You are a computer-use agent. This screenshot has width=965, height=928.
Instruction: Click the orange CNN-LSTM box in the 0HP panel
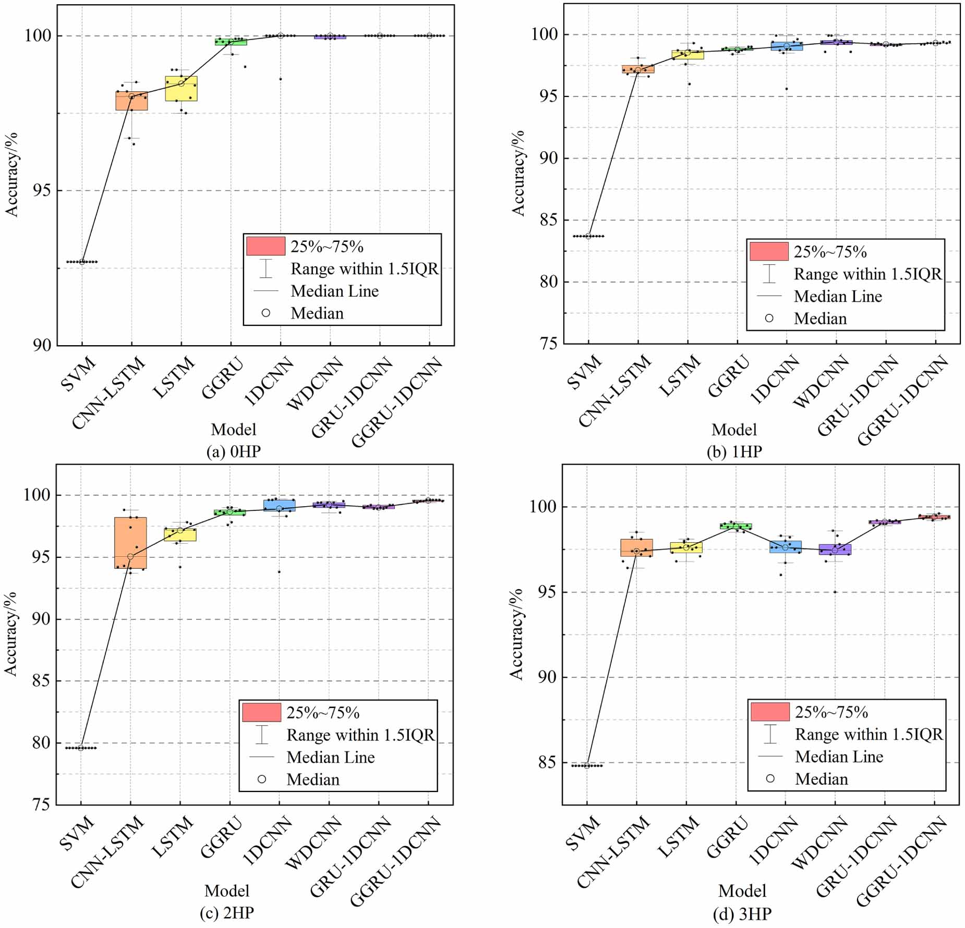point(131,101)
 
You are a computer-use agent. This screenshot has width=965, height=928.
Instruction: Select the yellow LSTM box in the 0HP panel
point(181,89)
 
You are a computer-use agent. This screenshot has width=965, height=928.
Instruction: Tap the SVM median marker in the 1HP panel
point(588,236)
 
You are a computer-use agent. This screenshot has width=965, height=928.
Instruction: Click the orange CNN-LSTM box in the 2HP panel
point(130,543)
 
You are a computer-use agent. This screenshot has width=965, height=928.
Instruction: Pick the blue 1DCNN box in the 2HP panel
point(279,505)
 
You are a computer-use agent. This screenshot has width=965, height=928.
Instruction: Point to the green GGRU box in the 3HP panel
point(735,526)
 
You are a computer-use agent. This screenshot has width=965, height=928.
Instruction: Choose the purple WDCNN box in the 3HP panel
point(835,550)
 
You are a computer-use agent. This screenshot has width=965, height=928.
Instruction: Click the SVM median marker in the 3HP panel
point(587,765)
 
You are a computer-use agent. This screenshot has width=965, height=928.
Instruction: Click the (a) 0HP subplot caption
point(233,451)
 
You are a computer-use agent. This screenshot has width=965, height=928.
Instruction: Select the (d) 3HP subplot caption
point(742,914)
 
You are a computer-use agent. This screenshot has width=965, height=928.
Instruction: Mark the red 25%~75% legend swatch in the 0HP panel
point(266,246)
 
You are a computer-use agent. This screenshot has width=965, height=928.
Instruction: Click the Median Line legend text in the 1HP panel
point(838,297)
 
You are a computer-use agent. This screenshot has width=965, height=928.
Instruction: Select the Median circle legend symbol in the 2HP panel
point(262,779)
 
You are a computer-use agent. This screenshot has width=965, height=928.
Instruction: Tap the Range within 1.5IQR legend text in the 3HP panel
point(868,735)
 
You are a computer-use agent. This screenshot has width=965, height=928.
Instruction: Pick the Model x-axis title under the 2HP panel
point(227,890)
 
